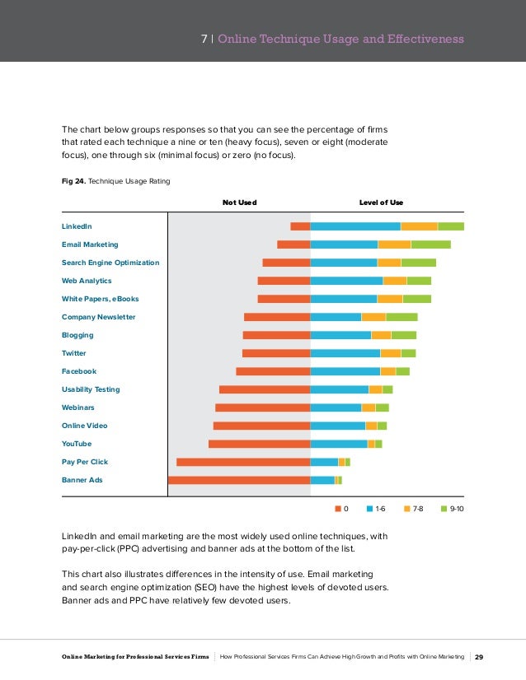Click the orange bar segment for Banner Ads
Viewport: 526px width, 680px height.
pyautogui.click(x=239, y=480)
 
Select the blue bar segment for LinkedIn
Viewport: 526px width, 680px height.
pyautogui.click(x=355, y=226)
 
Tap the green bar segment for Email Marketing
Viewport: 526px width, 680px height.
pyautogui.click(x=431, y=245)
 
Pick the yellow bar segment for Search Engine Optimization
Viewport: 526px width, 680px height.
pyautogui.click(x=389, y=263)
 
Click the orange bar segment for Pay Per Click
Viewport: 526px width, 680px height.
pyautogui.click(x=243, y=462)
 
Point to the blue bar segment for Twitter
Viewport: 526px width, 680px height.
pyautogui.click(x=345, y=353)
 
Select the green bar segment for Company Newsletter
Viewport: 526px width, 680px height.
pyautogui.click(x=402, y=317)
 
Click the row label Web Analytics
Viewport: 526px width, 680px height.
pyautogui.click(x=87, y=281)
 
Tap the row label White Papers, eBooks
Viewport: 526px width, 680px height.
pyautogui.click(x=101, y=299)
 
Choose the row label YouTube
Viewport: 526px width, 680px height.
pyautogui.click(x=77, y=444)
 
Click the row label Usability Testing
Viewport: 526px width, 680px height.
pyautogui.click(x=91, y=389)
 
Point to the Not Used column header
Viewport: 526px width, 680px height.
pyautogui.click(x=239, y=203)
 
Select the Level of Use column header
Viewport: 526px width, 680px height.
pyautogui.click(x=381, y=203)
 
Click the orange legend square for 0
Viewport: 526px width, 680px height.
pyautogui.click(x=338, y=509)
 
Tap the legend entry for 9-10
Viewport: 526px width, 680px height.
pyautogui.click(x=452, y=509)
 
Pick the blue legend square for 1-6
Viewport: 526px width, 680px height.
pyautogui.click(x=369, y=509)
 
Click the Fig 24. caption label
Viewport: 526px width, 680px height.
pyautogui.click(x=74, y=181)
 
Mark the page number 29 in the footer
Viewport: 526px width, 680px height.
pyautogui.click(x=479, y=657)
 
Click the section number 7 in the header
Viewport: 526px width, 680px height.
pyautogui.click(x=204, y=39)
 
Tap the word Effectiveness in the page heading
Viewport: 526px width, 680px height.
pyautogui.click(x=425, y=39)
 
